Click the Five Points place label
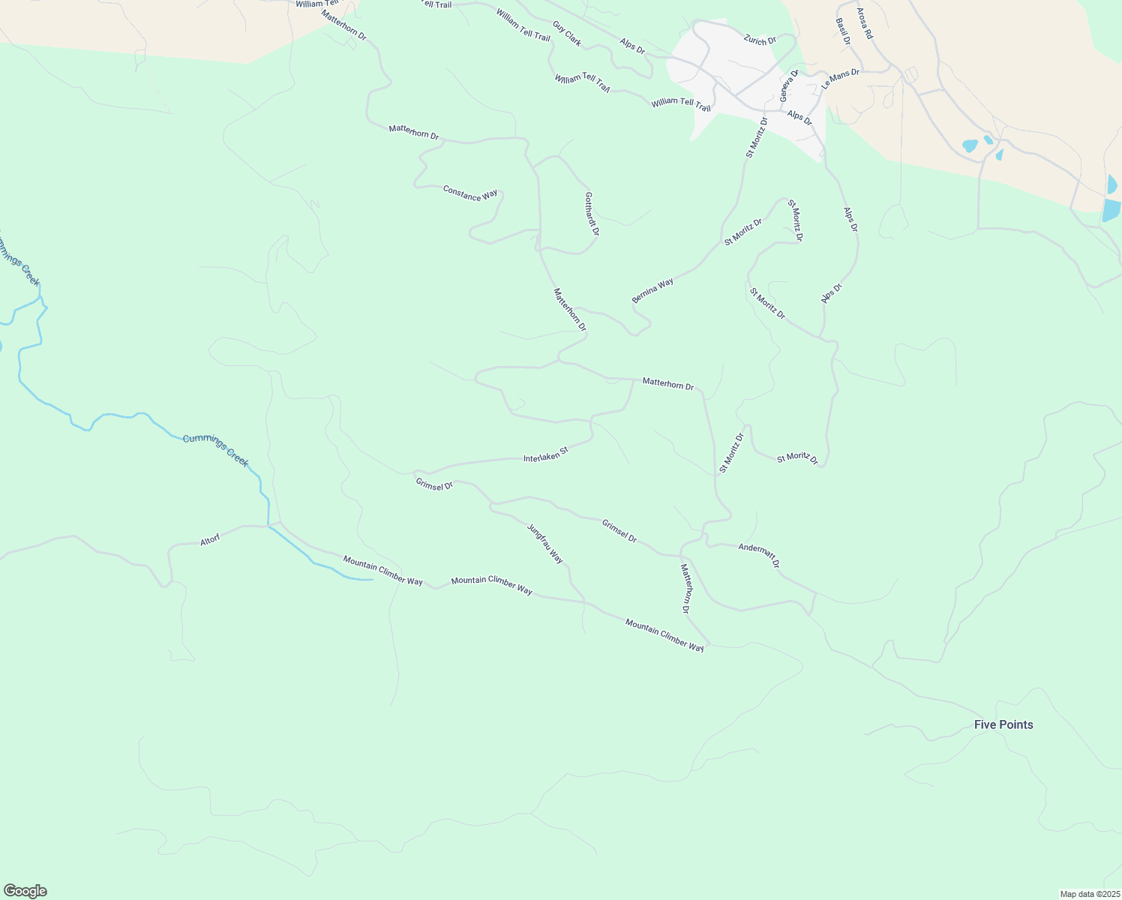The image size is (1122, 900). [x=1003, y=724]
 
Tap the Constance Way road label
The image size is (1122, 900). [x=470, y=193]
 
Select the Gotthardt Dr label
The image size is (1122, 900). [x=592, y=214]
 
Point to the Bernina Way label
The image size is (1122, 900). [x=652, y=290]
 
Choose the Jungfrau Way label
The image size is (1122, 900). [x=545, y=544]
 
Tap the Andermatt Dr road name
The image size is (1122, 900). [x=759, y=556]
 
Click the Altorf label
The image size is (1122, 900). [x=210, y=540]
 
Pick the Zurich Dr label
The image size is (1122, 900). [x=760, y=40]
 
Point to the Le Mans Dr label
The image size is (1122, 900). [x=840, y=79]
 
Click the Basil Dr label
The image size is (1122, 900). [x=842, y=31]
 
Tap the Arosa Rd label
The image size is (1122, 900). [x=865, y=24]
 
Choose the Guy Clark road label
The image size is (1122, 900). [x=567, y=34]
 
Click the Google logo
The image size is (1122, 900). [x=25, y=891]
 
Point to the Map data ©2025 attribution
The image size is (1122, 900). [x=1089, y=894]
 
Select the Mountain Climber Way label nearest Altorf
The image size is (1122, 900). [x=382, y=571]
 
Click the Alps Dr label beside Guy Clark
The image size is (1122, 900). [x=632, y=45]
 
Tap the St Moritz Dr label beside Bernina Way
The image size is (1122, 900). [x=742, y=232]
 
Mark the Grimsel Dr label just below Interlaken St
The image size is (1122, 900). [x=434, y=485]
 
